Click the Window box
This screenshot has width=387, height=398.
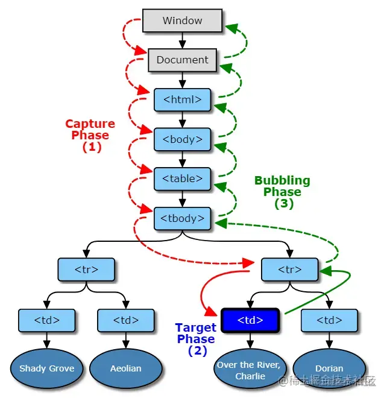point(182,21)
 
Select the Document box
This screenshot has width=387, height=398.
point(182,60)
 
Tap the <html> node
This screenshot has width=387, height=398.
point(182,99)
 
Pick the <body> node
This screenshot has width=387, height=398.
point(182,139)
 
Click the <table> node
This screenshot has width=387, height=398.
point(182,178)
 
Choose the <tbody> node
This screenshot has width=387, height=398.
point(182,218)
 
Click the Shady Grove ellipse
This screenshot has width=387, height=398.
point(46,368)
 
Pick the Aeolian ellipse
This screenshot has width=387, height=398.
point(125,368)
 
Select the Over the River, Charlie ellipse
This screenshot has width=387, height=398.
point(250,370)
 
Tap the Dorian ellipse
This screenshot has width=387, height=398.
point(329,368)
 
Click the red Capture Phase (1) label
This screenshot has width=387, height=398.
point(90,135)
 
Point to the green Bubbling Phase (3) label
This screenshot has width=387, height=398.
point(282,192)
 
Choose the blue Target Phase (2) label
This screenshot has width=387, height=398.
point(196,339)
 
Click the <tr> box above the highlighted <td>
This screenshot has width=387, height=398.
point(289,270)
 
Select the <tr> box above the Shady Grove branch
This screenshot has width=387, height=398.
point(86,270)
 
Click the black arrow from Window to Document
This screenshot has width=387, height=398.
point(182,40)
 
